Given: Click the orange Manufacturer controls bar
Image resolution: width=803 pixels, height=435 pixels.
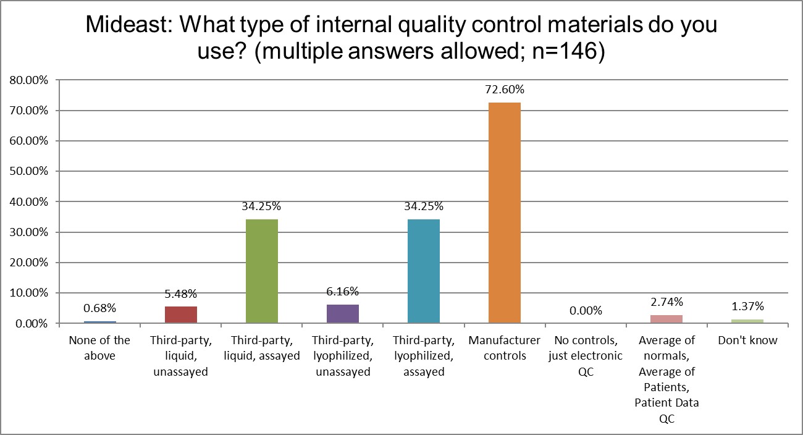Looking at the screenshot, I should pos(504,213).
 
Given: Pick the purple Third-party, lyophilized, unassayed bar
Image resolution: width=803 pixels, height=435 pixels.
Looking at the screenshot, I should pos(342,313).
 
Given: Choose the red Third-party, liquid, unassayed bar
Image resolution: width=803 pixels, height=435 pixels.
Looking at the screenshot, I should pos(180,315).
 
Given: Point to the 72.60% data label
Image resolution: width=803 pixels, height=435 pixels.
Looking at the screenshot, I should pos(504,90).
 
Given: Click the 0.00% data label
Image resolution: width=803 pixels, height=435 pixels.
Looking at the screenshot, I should pos(585,311).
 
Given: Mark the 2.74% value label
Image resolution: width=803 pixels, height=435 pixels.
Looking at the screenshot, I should pos(666,302).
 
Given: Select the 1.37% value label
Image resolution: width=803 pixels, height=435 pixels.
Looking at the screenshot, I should pos(747,306).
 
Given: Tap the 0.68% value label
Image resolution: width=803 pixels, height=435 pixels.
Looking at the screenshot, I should pos(99,308).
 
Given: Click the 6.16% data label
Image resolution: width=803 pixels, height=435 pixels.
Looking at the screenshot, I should pos(342,292).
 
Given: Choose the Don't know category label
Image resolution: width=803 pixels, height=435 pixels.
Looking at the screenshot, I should pos(747,340).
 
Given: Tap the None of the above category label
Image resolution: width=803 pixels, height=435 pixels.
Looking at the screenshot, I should pos(99,348).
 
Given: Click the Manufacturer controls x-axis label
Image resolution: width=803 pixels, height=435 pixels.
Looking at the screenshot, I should pos(504,348).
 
